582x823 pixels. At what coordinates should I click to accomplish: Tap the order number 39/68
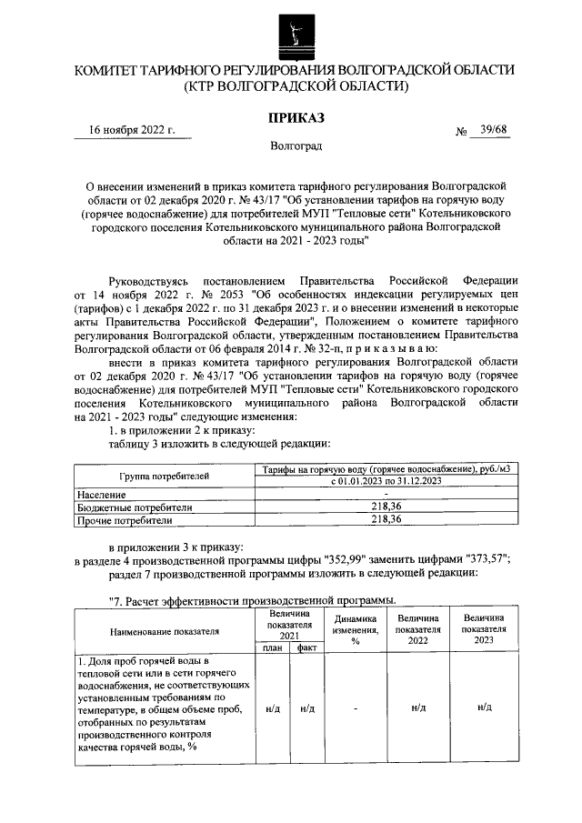coord(492,130)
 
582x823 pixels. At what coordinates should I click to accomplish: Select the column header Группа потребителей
coord(165,476)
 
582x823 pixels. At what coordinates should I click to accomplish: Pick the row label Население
coord(102,494)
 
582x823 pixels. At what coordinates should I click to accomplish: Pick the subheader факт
coord(306,647)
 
